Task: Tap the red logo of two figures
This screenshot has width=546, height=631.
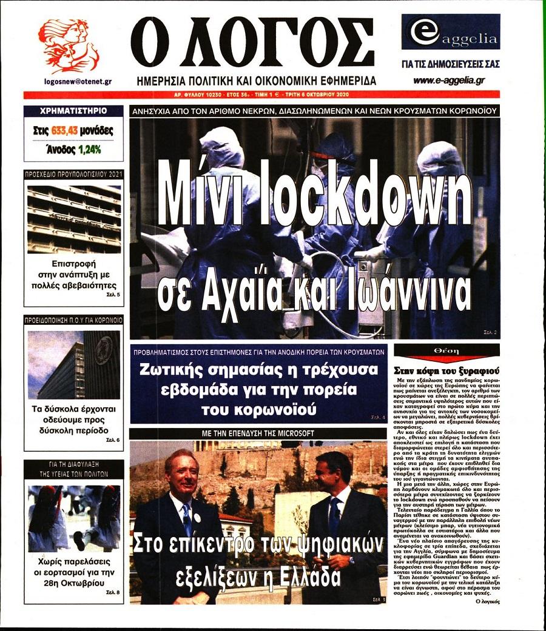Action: [x=68, y=46]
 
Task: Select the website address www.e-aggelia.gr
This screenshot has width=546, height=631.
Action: [x=450, y=81]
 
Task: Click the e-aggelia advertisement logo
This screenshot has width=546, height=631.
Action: [x=450, y=33]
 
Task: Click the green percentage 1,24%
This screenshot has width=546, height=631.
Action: [x=89, y=148]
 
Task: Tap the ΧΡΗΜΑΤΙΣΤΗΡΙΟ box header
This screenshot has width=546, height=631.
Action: [x=73, y=111]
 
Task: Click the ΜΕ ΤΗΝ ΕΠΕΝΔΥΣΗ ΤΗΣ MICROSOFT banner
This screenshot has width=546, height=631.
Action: [x=258, y=433]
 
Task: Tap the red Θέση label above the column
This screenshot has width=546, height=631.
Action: [x=447, y=352]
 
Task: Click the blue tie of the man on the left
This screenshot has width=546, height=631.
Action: [x=186, y=519]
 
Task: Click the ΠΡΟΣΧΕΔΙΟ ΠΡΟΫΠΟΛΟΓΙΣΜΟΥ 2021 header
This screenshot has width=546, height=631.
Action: [x=73, y=174]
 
